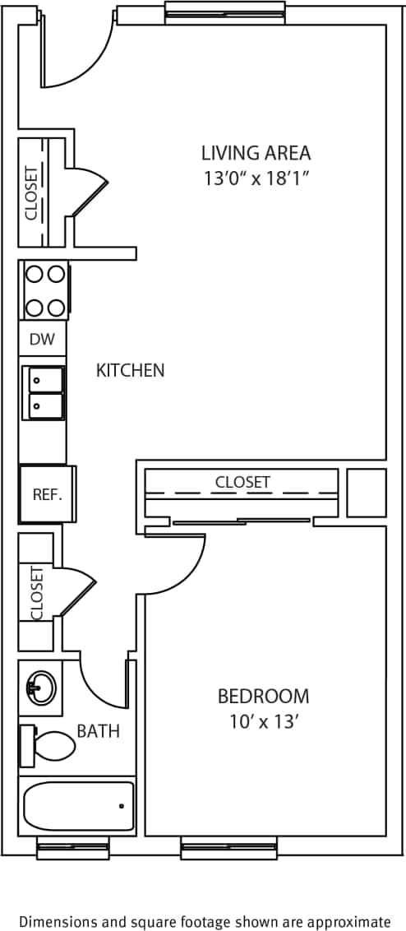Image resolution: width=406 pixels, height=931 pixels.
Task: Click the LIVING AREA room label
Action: (x=256, y=153)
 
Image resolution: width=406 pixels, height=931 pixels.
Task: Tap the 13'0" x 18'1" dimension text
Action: (x=256, y=178)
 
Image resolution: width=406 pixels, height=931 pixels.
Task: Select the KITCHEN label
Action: (x=131, y=370)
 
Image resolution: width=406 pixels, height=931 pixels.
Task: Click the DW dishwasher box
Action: (x=41, y=339)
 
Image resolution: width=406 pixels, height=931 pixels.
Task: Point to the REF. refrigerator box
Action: (x=47, y=494)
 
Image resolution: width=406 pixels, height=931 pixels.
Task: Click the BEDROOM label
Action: (x=263, y=697)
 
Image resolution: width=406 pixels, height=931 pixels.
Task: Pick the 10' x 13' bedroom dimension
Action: (x=263, y=722)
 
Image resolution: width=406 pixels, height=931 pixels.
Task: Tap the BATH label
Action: (x=98, y=730)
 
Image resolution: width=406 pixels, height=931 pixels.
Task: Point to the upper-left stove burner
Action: (x=35, y=274)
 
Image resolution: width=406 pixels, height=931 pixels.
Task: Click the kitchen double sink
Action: (x=46, y=392)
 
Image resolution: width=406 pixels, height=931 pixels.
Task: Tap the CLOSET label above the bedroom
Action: (x=242, y=482)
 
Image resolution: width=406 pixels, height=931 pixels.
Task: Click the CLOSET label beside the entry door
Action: (x=31, y=192)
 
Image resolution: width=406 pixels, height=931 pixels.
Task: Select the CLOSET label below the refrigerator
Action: (x=36, y=592)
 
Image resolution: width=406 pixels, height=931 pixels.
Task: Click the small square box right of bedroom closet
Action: (x=367, y=493)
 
